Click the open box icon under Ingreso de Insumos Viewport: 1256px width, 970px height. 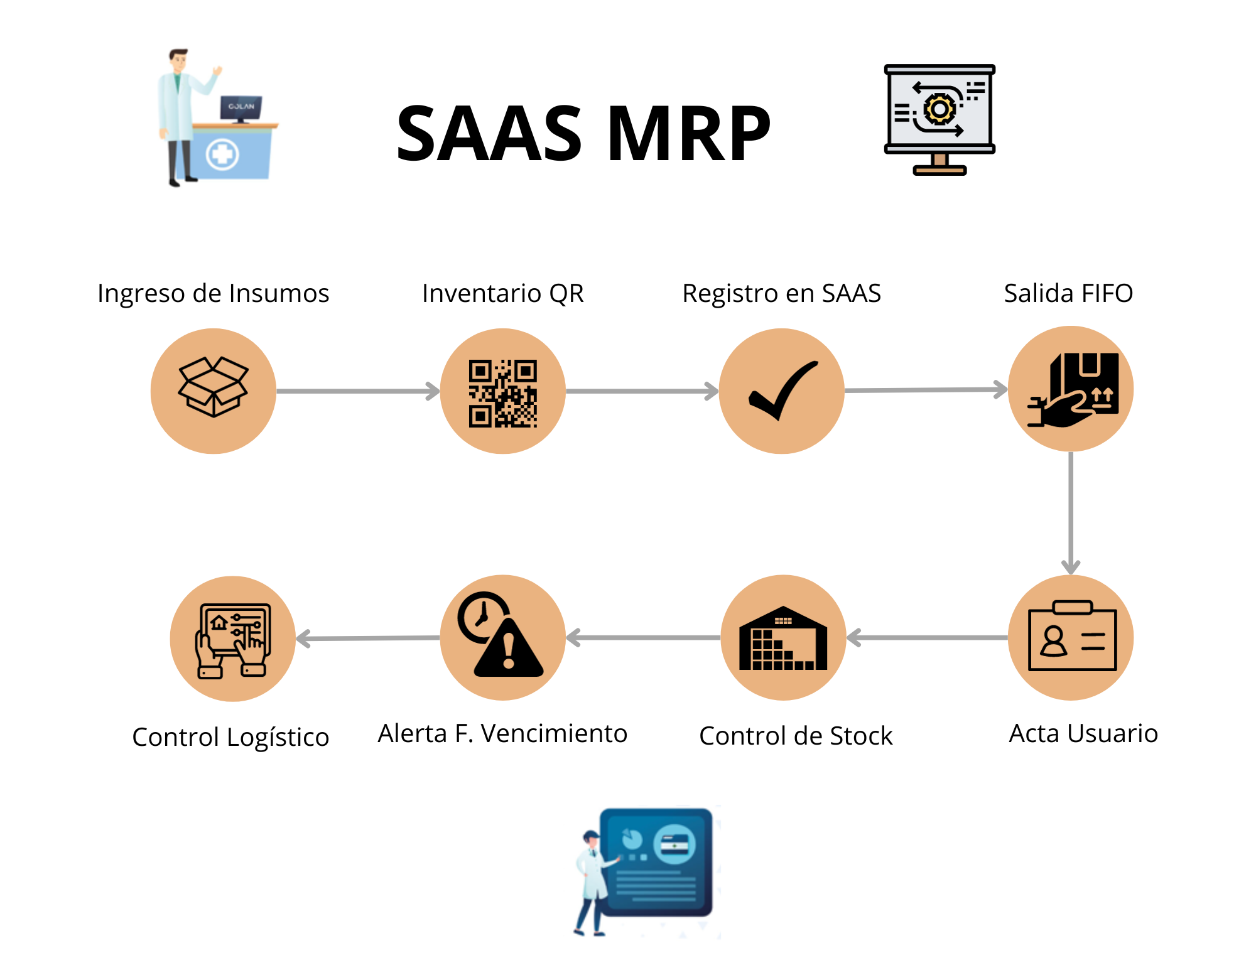coord(214,387)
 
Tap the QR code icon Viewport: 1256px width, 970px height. coord(502,393)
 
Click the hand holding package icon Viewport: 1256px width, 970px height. coord(1073,391)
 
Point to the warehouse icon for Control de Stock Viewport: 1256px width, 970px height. coord(783,639)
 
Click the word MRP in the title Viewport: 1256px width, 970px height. coord(688,133)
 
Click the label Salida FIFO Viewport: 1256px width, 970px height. coord(1068,293)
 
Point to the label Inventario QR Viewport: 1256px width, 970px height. coord(502,293)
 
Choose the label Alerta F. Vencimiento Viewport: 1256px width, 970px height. coord(502,733)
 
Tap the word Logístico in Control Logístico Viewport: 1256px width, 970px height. coord(278,738)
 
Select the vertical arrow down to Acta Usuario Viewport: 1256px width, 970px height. coord(1071,512)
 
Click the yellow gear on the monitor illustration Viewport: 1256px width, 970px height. coord(939,109)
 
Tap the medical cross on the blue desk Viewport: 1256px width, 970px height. coord(222,154)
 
